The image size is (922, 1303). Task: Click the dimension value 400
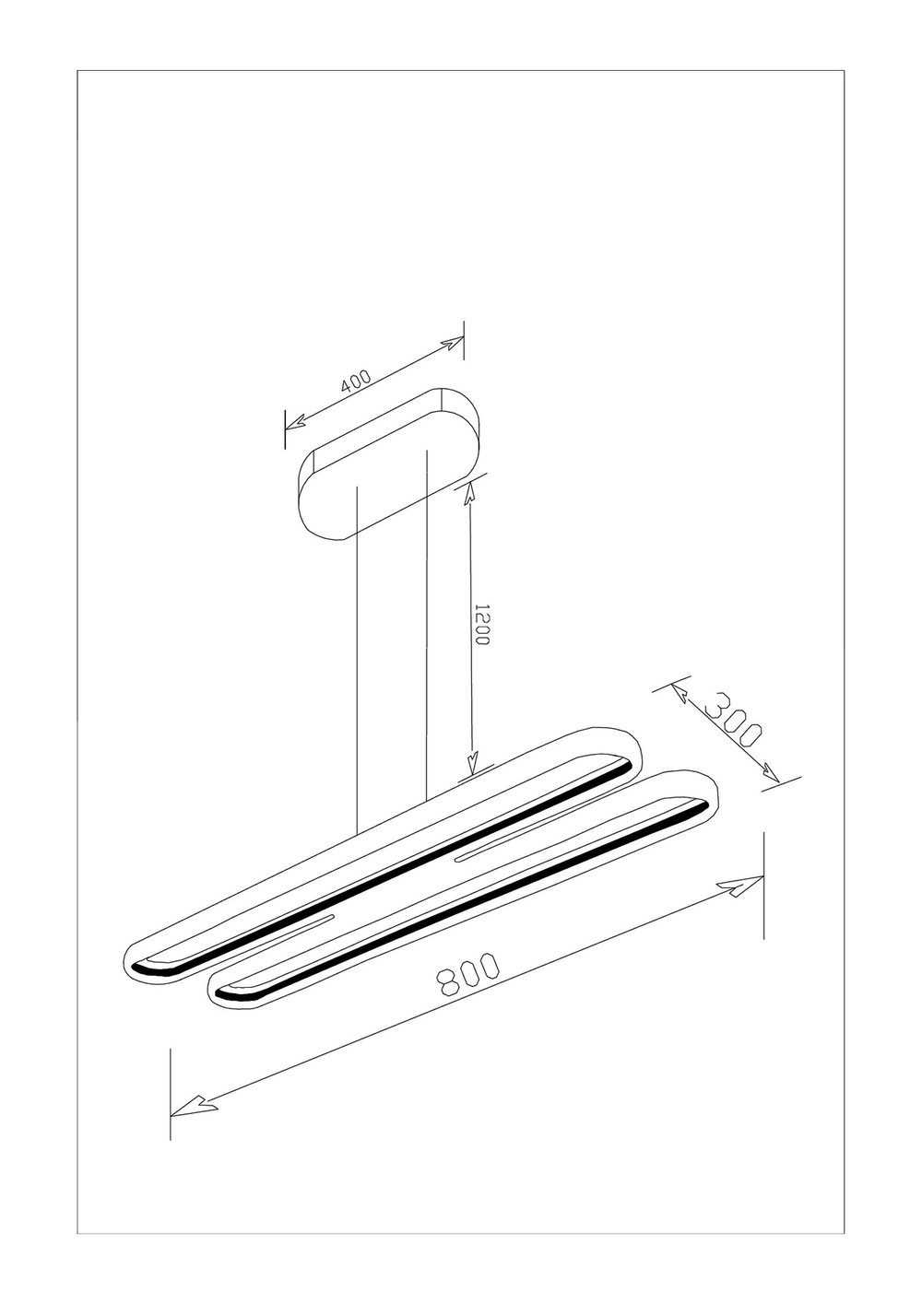[x=355, y=382]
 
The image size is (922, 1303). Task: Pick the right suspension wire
[x=426, y=627]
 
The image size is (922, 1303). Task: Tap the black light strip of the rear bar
[x=387, y=867]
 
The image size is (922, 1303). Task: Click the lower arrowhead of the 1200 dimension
[x=472, y=763]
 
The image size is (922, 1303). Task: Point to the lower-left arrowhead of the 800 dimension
[x=194, y=1105]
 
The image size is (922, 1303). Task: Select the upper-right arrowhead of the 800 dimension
[x=742, y=886]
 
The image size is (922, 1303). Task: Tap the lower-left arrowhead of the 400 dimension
[x=296, y=424]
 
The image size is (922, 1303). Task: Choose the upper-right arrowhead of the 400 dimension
[x=451, y=344]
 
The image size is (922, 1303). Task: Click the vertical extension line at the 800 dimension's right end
[x=764, y=885]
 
